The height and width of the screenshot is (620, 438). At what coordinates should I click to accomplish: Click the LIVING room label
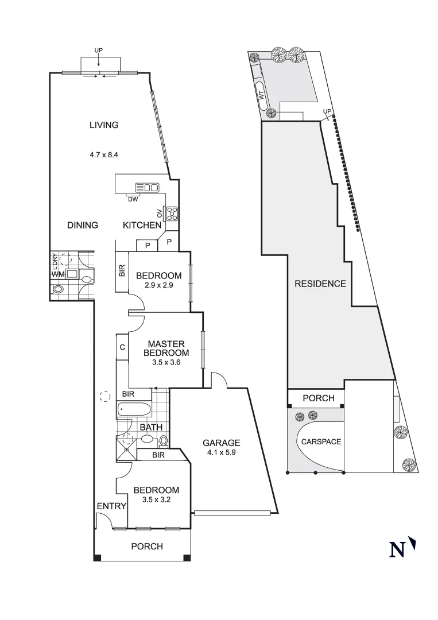[x=103, y=125]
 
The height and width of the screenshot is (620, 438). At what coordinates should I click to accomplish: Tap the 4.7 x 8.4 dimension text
[x=103, y=154]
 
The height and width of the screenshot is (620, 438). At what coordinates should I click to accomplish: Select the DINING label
[x=83, y=225]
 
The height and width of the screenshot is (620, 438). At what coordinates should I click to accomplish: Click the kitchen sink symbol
[x=146, y=187]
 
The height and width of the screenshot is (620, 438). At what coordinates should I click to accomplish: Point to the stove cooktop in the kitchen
[x=172, y=214]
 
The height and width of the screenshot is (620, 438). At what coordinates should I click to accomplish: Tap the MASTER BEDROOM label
[x=166, y=348]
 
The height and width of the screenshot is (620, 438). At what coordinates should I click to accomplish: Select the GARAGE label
[x=221, y=443]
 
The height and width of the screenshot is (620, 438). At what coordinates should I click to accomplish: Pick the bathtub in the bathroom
[x=134, y=410]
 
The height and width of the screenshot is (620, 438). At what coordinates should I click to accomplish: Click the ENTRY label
[x=111, y=506]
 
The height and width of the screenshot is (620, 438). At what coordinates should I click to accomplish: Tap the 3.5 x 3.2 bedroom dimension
[x=156, y=499]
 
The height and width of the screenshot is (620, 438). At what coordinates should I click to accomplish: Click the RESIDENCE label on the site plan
[x=320, y=284]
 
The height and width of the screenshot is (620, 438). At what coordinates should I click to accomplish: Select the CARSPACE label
[x=321, y=441]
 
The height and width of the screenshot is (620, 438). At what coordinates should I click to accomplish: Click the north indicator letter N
[x=397, y=550]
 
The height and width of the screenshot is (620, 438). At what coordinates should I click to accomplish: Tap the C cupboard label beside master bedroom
[x=122, y=347]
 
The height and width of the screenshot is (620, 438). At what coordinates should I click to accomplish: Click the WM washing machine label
[x=58, y=274]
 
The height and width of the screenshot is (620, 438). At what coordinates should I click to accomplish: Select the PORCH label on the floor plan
[x=147, y=546]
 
